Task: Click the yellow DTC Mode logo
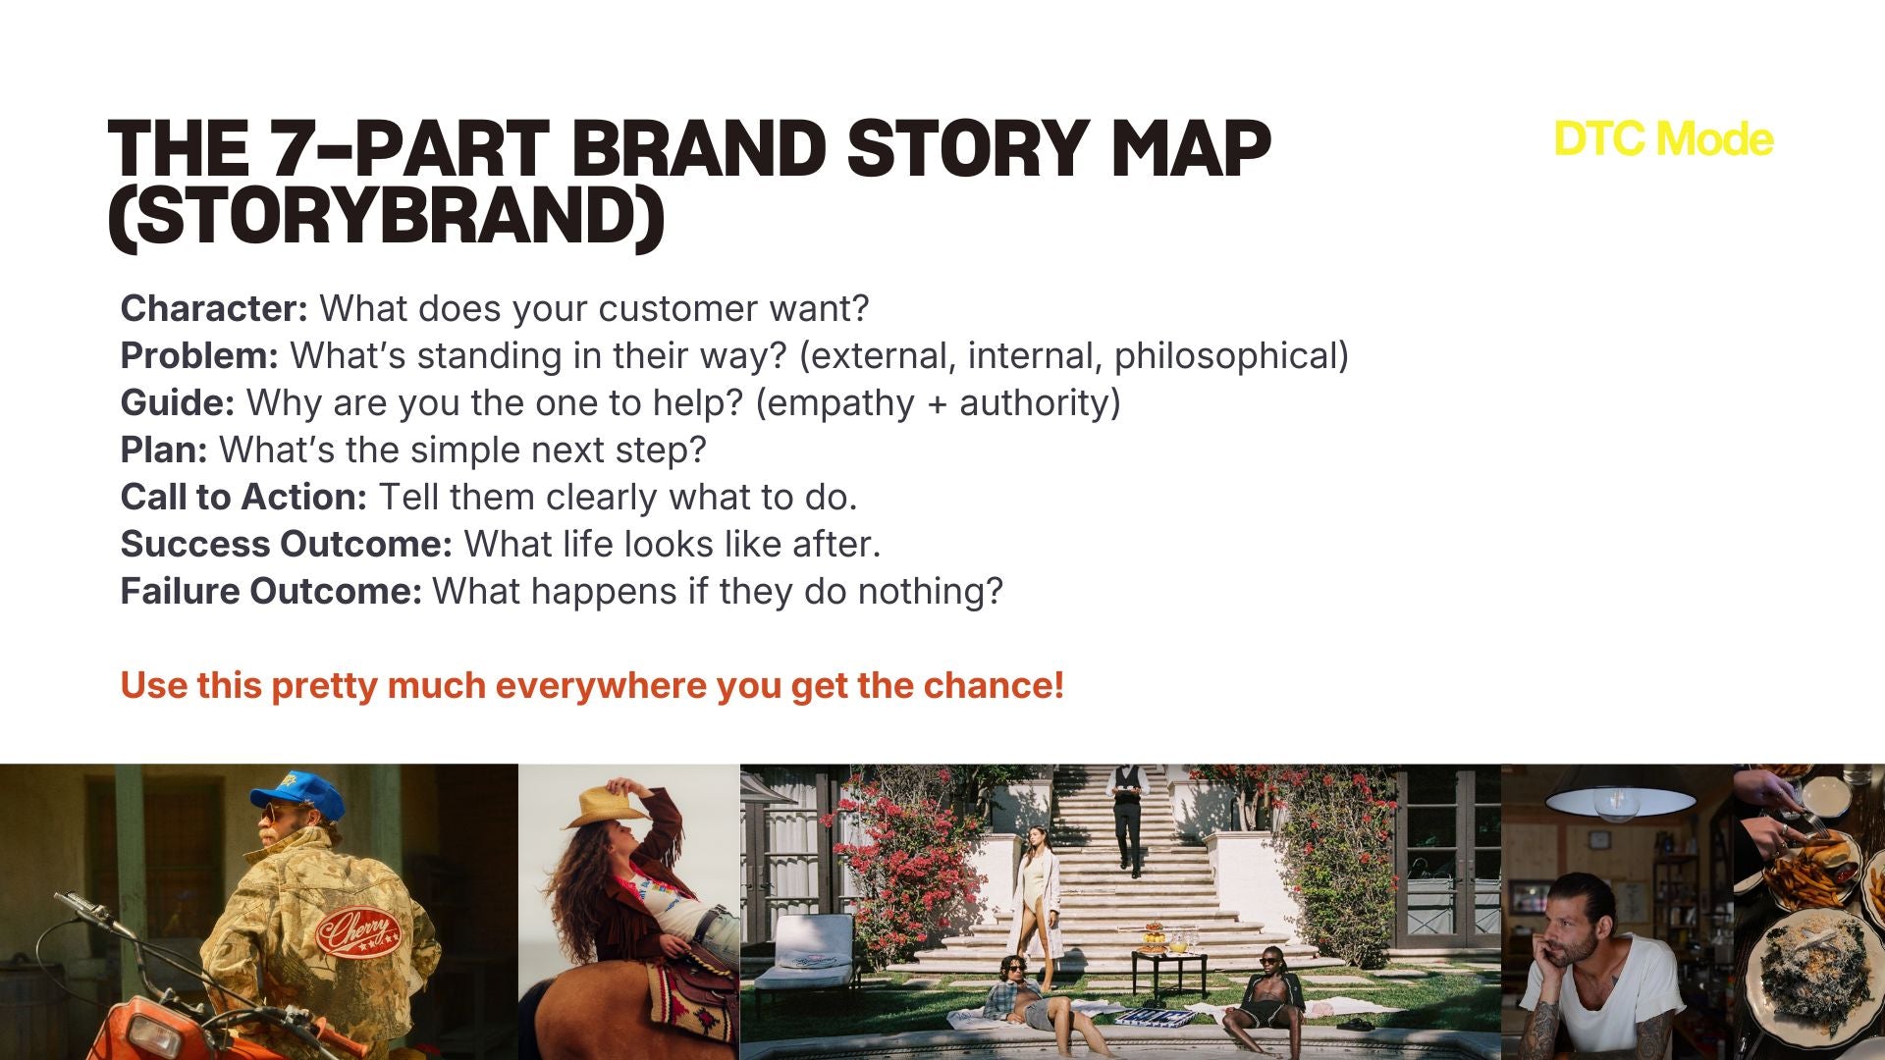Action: pyautogui.click(x=1664, y=139)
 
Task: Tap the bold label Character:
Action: pyautogui.click(x=214, y=309)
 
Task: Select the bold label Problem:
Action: pyautogui.click(x=199, y=356)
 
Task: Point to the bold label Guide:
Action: pyautogui.click(x=178, y=403)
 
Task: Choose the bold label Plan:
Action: pyautogui.click(x=164, y=450)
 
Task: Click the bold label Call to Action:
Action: pyautogui.click(x=243, y=498)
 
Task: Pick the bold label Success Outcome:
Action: pyautogui.click(x=286, y=545)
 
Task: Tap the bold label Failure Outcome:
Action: pyautogui.click(x=271, y=592)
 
